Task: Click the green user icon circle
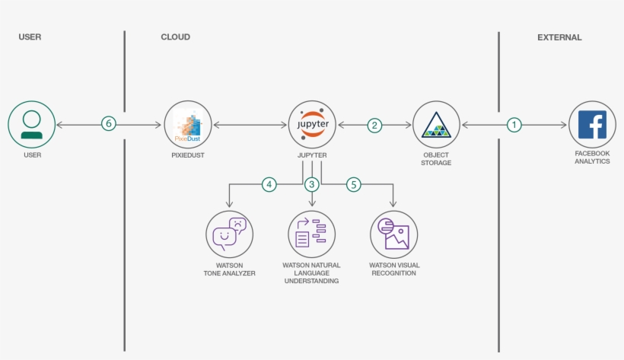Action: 32,124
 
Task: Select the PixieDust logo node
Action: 188,124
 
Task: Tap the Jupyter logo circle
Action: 312,124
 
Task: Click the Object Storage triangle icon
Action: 436,125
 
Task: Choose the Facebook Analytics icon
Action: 592,124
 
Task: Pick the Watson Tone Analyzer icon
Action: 229,234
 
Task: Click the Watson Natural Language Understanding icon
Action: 311,234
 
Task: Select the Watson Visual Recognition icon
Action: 393,234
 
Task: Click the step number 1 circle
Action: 515,125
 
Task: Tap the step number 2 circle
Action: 374,125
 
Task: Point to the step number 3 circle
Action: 311,184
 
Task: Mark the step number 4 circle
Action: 269,184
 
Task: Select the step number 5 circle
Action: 353,184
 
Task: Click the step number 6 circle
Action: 109,124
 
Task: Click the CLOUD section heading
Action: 175,37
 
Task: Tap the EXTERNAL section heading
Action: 559,37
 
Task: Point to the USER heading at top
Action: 30,37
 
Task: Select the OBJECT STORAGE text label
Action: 436,158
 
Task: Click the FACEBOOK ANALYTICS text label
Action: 592,158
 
